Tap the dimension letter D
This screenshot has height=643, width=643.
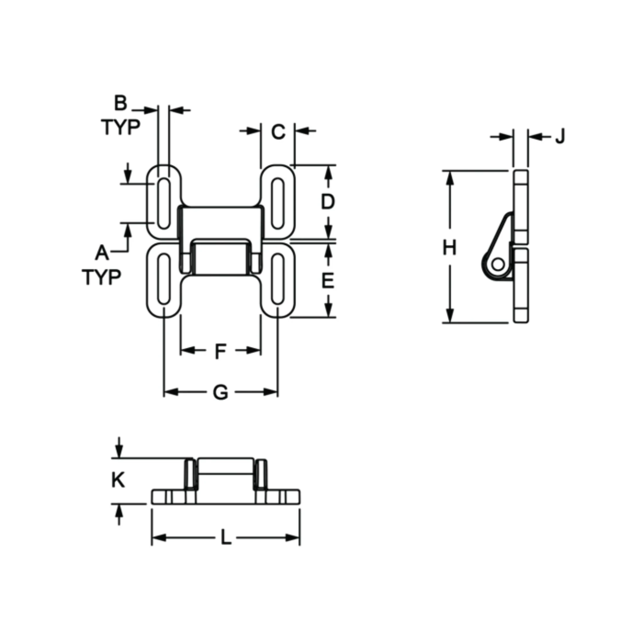(x=328, y=202)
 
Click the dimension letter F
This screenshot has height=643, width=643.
(x=221, y=351)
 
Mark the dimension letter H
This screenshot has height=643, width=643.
(x=449, y=248)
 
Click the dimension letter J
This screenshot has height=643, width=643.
(x=560, y=136)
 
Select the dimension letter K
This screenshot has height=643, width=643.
(x=118, y=480)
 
